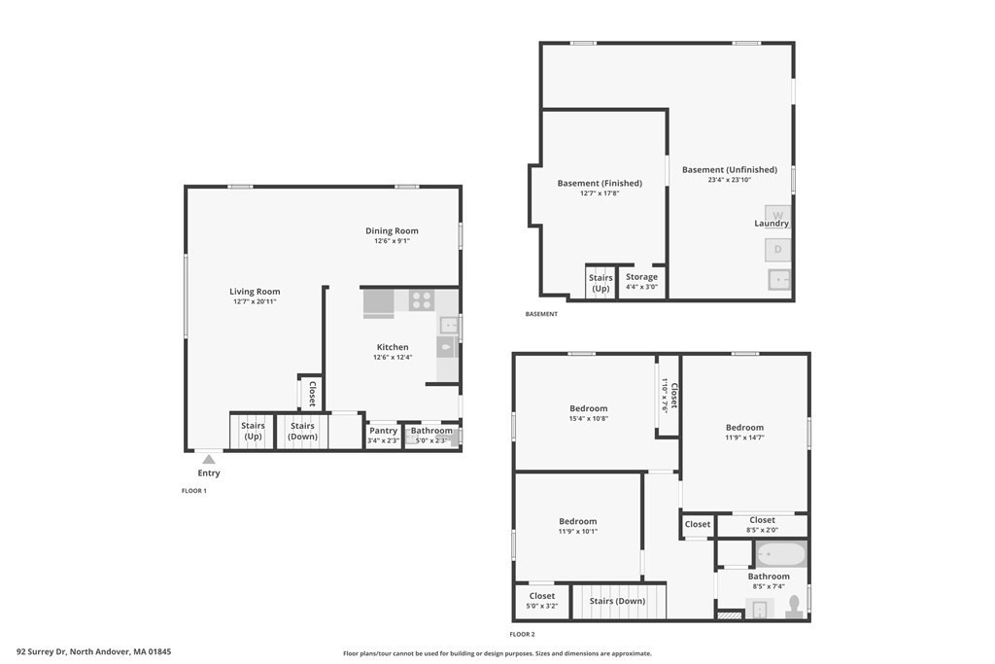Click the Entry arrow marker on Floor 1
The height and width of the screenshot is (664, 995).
click(x=208, y=459)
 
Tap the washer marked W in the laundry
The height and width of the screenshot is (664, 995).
click(x=778, y=216)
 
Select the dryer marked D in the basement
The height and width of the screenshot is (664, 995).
click(x=778, y=250)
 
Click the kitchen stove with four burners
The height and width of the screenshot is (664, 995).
click(x=421, y=300)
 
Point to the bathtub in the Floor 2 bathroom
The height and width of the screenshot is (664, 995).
click(x=781, y=555)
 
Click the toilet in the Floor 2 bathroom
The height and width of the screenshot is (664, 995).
click(x=793, y=607)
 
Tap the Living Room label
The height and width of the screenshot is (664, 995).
click(x=255, y=292)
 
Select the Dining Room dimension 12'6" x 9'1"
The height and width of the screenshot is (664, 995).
click(x=392, y=241)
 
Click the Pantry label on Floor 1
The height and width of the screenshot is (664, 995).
click(x=383, y=431)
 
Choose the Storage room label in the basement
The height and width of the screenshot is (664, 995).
click(x=641, y=277)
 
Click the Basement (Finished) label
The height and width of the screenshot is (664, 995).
click(x=600, y=183)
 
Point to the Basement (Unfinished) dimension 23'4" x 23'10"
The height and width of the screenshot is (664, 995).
click(x=729, y=180)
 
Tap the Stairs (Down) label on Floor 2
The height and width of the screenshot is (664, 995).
click(x=617, y=601)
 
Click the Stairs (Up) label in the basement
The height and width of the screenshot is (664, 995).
click(x=600, y=283)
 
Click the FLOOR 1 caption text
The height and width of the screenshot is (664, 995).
click(x=194, y=491)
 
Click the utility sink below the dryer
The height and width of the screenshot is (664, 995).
click(x=778, y=281)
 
